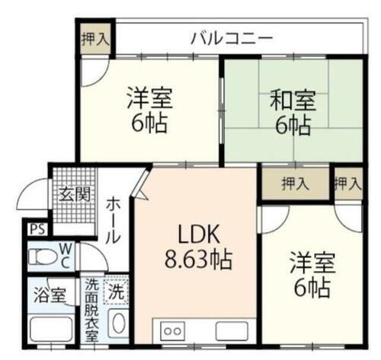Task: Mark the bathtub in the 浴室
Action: pyautogui.click(x=50, y=332)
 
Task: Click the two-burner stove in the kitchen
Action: pyautogui.click(x=172, y=331)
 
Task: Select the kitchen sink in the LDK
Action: pyautogui.click(x=231, y=331)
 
